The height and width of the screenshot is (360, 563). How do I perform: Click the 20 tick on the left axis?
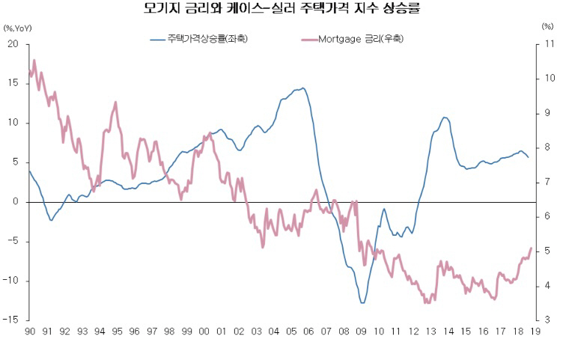pos(13,44)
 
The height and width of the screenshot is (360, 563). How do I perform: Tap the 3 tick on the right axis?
pos(545,320)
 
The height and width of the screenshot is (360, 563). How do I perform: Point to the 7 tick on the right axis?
pos(545,182)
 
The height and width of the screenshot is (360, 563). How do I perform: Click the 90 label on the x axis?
pos(30,331)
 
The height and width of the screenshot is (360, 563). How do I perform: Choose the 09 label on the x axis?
pos(362,331)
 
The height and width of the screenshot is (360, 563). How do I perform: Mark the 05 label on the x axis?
pos(292,331)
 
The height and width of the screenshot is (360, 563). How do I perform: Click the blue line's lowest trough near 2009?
pos(362,302)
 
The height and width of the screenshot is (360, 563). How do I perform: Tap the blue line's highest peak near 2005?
pos(302,88)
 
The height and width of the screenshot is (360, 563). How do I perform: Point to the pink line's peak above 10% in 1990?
pos(34,61)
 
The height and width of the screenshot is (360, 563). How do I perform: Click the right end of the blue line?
pos(529,157)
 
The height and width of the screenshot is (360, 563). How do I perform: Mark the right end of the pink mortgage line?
pos(532,248)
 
